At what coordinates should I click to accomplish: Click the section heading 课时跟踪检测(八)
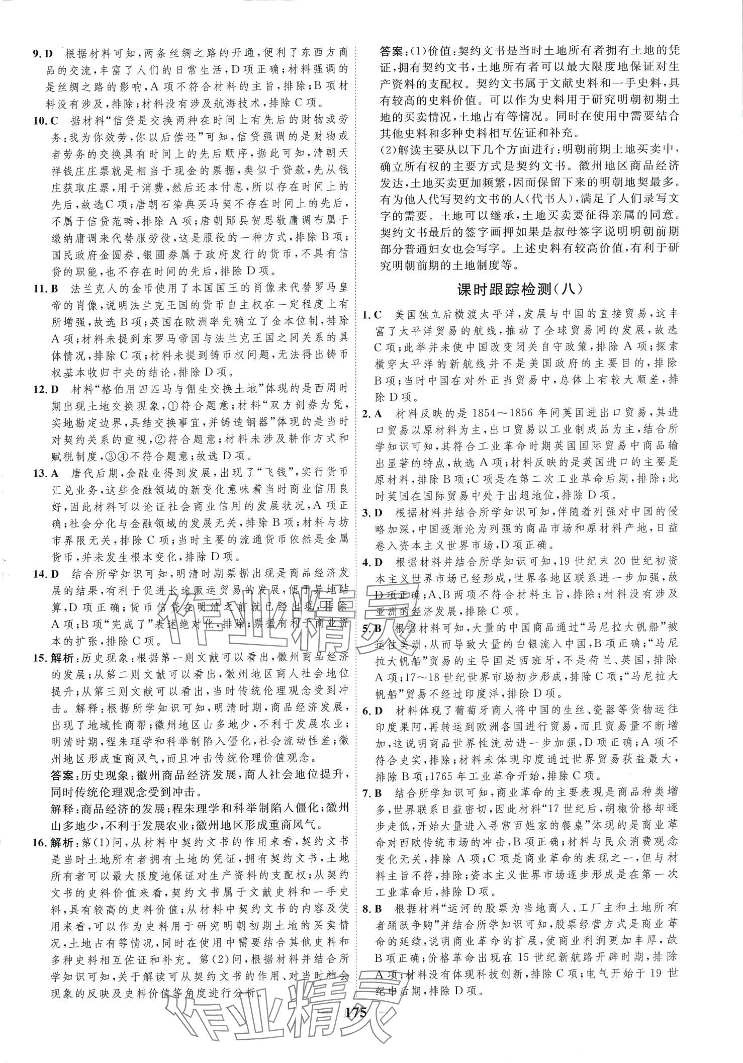click(x=520, y=289)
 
